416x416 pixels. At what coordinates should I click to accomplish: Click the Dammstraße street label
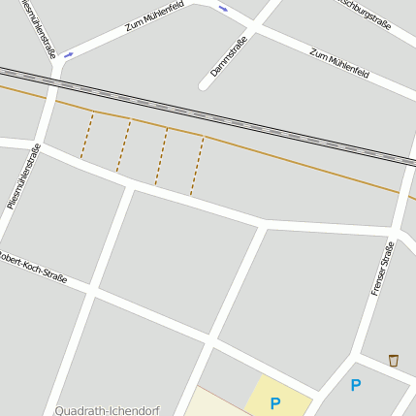(229, 56)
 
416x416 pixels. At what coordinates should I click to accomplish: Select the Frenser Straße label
(383, 269)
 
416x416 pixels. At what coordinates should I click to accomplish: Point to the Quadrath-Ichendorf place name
(107, 410)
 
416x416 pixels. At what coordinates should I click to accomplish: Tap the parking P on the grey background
(356, 386)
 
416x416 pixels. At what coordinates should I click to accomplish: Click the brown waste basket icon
(393, 361)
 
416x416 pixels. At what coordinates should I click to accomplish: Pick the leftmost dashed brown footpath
(87, 136)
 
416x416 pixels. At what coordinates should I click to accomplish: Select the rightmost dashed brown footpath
(197, 166)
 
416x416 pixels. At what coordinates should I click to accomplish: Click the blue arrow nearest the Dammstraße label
(223, 9)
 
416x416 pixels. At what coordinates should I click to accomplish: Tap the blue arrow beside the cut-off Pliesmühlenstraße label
(68, 55)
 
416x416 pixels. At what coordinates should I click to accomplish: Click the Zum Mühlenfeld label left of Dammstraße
(154, 16)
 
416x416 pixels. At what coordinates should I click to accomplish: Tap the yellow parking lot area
(278, 395)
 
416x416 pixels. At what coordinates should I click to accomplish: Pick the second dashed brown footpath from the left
(123, 145)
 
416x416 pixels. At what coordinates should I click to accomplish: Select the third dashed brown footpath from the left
(161, 156)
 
